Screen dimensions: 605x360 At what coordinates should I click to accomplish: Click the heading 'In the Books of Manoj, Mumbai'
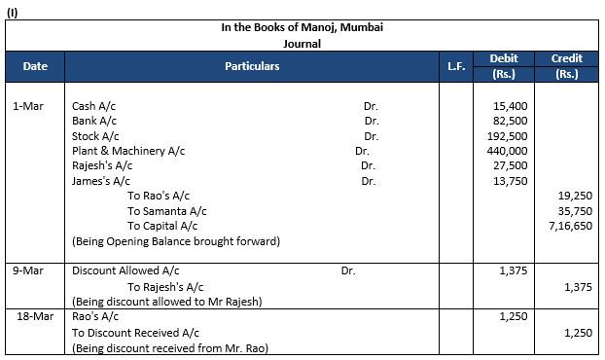[x=302, y=28]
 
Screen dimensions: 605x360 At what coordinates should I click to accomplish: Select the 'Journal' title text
[x=302, y=44]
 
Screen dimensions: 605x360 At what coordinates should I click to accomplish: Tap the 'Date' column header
[x=36, y=66]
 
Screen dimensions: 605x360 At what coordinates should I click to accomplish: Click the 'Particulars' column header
[x=251, y=66]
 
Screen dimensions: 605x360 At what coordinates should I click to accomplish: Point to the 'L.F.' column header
[x=456, y=66]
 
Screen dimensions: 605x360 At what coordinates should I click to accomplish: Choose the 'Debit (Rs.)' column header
[x=504, y=66]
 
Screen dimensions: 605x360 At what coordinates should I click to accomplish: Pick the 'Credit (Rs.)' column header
[x=566, y=66]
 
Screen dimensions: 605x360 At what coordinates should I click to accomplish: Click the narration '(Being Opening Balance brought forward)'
[x=176, y=241]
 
